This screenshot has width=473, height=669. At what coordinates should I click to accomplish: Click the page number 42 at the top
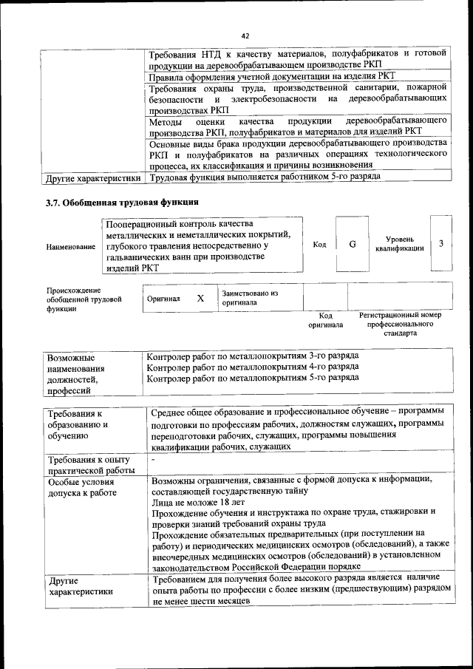pos(246,35)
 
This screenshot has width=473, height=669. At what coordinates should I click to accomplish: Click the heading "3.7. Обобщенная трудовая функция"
pos(122,202)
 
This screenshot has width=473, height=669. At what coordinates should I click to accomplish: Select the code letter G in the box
pos(352,245)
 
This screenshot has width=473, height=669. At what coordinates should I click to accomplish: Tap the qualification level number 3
pos(440,245)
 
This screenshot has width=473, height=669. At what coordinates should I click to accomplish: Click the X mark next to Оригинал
pos(200,298)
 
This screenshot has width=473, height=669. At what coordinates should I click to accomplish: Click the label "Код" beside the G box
pos(319,245)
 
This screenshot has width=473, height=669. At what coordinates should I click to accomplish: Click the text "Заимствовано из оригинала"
pos(250,297)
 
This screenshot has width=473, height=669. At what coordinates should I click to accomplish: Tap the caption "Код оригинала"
pos(325,320)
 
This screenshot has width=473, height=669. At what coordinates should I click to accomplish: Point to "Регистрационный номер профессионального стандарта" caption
pos(399,324)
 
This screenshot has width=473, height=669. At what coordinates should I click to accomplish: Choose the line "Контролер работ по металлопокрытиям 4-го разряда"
pos(253,367)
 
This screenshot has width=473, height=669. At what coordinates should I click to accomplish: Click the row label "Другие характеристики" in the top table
pos(93,178)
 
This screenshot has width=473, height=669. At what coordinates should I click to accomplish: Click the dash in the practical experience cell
pos(153,460)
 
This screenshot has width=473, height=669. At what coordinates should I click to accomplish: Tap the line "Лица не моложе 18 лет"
pos(199,501)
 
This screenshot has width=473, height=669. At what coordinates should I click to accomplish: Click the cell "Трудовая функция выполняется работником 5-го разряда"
pos(265,178)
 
